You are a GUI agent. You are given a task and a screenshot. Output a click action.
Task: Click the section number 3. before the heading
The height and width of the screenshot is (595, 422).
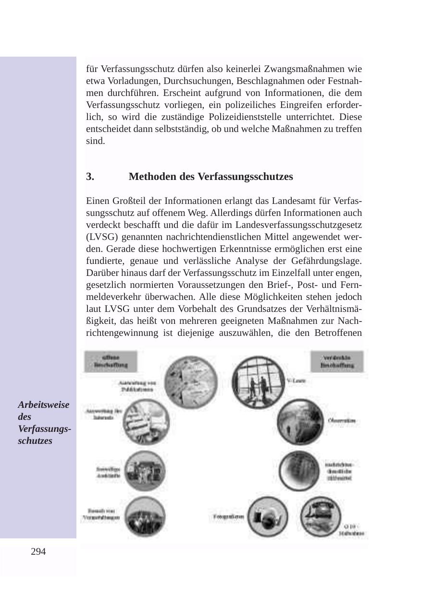90,177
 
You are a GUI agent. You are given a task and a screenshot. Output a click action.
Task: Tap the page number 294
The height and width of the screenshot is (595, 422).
38,552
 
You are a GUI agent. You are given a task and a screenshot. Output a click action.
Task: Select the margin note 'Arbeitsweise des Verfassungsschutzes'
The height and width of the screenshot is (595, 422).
44,423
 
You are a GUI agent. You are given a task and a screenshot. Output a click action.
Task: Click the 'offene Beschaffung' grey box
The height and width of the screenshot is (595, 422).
111,361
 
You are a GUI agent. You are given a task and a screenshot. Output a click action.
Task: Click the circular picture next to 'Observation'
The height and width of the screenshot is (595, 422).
298,421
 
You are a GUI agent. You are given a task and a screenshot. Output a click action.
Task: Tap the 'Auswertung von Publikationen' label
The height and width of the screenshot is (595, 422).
137,386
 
